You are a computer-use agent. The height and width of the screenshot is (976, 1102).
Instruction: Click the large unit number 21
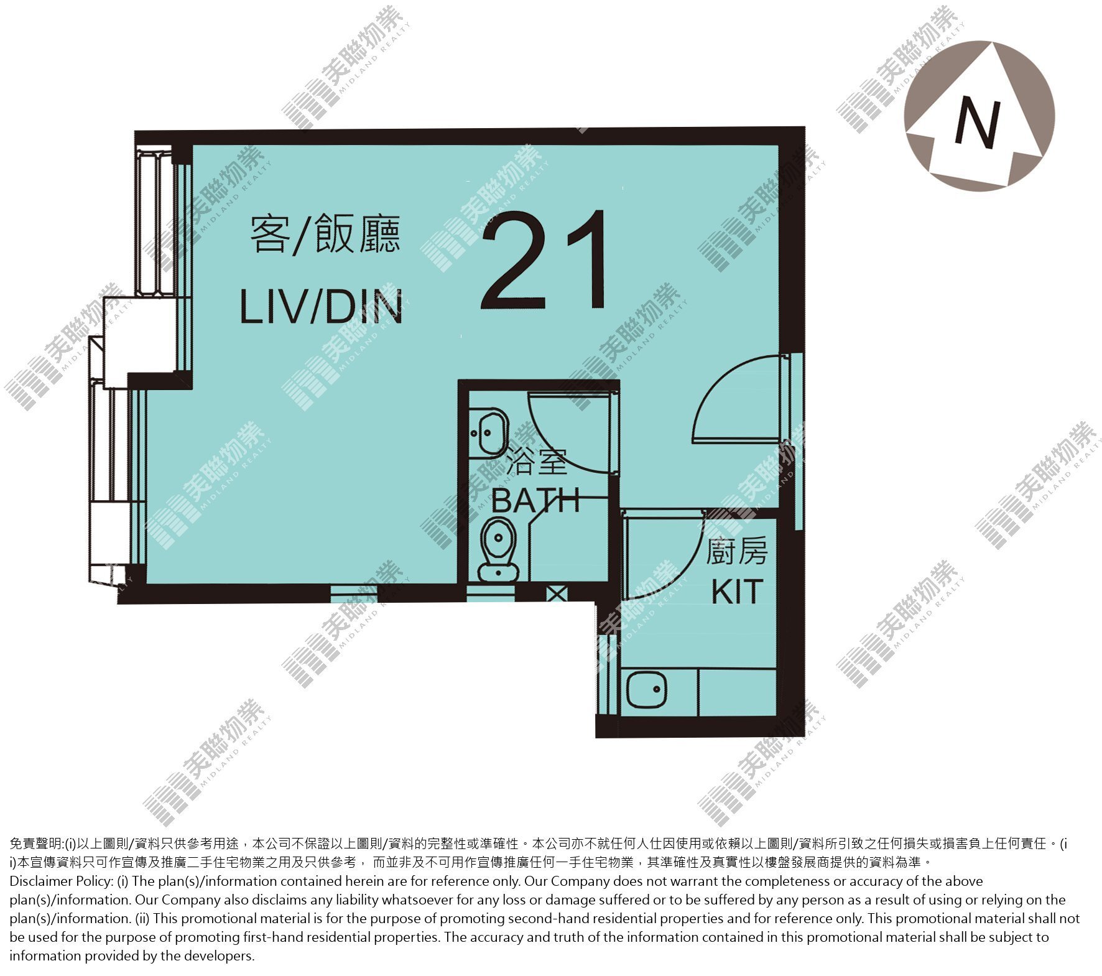[x=545, y=259]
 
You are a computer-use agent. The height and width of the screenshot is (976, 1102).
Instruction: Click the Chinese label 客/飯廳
[x=325, y=234]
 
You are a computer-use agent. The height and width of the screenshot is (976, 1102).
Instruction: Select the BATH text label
[x=535, y=500]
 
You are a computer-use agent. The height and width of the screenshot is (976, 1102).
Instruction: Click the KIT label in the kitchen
[x=737, y=592]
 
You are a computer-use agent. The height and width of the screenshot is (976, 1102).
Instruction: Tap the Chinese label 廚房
[x=736, y=552]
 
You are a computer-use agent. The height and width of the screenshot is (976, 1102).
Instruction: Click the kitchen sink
[x=647, y=689]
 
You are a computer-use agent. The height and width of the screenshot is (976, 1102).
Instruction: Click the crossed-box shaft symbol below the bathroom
[x=557, y=593]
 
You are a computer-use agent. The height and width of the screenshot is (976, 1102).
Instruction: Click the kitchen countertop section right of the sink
[x=737, y=692]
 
